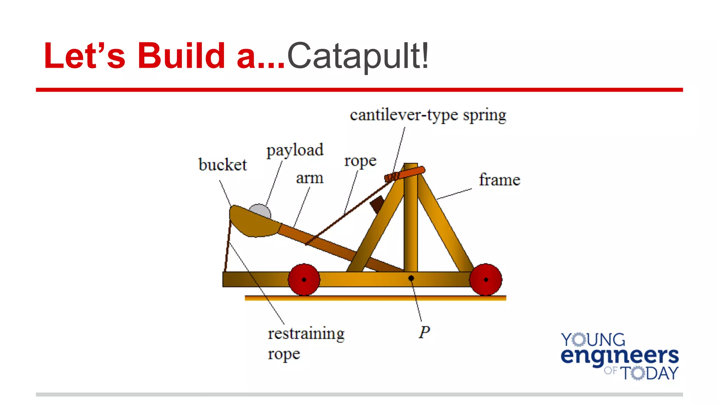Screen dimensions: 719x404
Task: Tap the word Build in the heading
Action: tap(181, 55)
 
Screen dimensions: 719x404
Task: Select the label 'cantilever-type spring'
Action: tap(428, 115)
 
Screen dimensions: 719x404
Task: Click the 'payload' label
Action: tap(295, 150)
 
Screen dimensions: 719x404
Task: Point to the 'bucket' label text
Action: tap(223, 165)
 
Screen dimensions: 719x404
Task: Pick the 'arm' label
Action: tap(309, 178)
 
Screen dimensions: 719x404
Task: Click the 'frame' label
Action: tap(499, 180)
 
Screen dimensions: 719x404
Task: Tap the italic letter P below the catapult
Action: tap(424, 332)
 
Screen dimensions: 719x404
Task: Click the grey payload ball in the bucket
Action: tap(260, 211)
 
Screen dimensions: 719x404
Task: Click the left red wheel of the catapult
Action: tap(304, 280)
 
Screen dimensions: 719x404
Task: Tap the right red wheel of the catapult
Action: tap(486, 280)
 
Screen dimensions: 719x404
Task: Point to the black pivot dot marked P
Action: tap(411, 278)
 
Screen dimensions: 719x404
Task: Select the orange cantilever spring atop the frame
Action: tap(405, 174)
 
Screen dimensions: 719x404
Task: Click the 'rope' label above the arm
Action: tap(360, 161)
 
